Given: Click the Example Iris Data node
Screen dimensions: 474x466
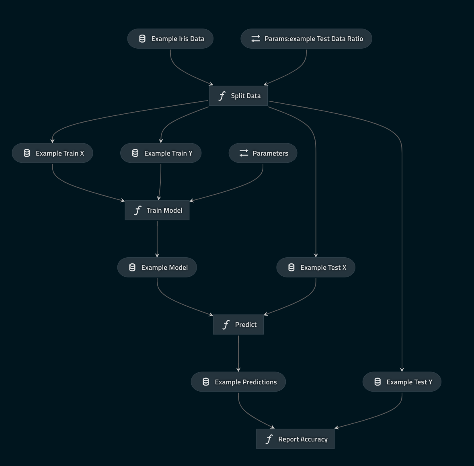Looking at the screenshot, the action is [x=170, y=39].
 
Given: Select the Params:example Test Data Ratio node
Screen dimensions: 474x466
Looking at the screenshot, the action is [x=306, y=39].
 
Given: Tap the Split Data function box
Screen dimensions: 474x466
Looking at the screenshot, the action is [x=238, y=96].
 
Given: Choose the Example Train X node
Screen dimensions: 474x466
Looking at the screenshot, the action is [x=52, y=153].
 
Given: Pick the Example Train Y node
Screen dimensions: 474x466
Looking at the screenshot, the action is [x=161, y=153].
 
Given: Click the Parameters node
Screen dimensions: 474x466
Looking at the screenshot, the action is [x=263, y=153].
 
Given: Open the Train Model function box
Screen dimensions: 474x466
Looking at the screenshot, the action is [x=157, y=210].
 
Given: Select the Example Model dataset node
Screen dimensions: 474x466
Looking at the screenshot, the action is [x=157, y=267].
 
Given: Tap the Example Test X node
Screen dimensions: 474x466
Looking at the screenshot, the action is [x=316, y=267].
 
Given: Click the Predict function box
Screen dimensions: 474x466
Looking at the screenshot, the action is [x=238, y=324].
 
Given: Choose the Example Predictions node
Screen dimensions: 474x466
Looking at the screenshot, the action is [x=238, y=382].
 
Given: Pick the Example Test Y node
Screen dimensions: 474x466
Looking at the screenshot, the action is [x=402, y=382].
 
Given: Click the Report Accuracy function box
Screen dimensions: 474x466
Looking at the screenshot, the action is [x=295, y=439].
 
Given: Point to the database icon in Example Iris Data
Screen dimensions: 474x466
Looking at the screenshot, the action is [x=142, y=39].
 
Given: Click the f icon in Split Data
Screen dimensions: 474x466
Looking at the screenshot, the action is [x=222, y=96].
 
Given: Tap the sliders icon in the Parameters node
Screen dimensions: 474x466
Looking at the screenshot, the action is [x=244, y=153].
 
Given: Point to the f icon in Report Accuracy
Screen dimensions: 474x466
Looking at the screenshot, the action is [x=269, y=439].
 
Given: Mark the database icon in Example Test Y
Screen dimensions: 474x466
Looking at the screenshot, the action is [x=378, y=382].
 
